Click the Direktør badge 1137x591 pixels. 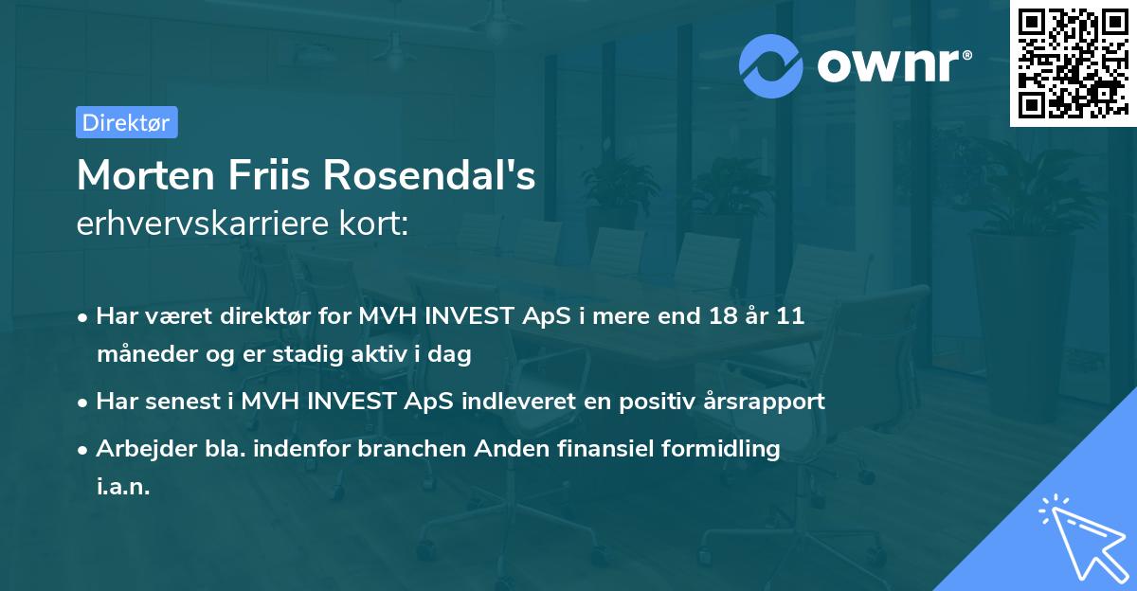[x=126, y=122]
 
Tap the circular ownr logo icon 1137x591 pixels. [x=771, y=65]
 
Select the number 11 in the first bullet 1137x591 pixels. [x=790, y=316]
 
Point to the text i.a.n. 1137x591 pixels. [x=123, y=487]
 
